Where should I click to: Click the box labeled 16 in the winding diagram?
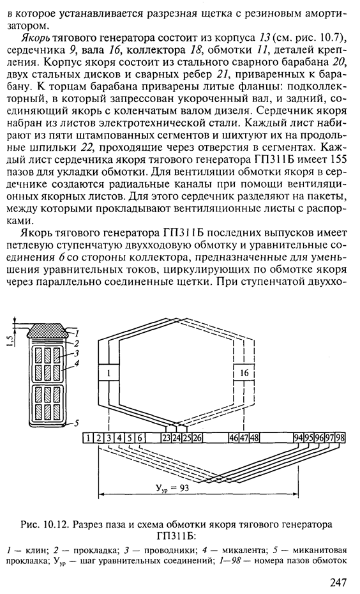point(244,373)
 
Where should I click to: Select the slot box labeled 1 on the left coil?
point(109,373)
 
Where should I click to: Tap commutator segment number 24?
point(176,438)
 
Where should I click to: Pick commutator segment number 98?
point(340,438)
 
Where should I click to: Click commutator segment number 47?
point(244,438)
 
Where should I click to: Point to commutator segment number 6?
point(140,438)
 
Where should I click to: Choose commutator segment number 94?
point(299,438)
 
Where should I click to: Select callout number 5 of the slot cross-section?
point(77,423)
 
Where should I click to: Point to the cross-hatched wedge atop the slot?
point(48,330)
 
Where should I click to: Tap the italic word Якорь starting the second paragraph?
point(33,38)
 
